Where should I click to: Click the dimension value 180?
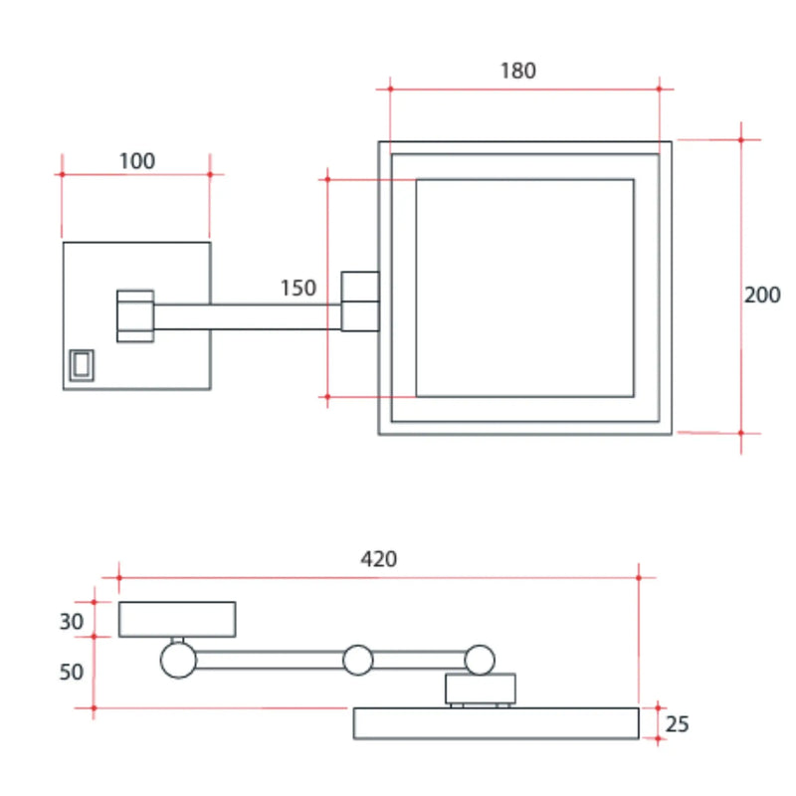click(x=517, y=71)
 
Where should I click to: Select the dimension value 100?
click(x=137, y=161)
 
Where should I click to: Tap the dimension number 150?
click(x=298, y=289)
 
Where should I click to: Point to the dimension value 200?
click(x=762, y=295)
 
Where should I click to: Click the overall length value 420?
click(x=378, y=559)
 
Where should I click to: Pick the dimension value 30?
click(x=71, y=621)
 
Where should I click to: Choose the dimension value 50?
click(x=71, y=672)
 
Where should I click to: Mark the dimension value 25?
click(x=677, y=723)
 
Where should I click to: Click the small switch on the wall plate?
click(x=81, y=365)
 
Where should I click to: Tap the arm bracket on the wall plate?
click(x=135, y=315)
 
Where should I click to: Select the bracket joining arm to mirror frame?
click(x=359, y=300)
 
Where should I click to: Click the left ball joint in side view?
click(x=178, y=660)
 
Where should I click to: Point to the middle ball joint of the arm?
click(x=357, y=659)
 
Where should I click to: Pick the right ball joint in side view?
click(x=480, y=659)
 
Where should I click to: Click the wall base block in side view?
click(x=177, y=619)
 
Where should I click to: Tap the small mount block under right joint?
click(x=480, y=688)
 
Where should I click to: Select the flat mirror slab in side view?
click(x=496, y=723)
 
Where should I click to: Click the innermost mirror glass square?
click(x=524, y=288)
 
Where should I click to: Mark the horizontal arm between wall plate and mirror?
click(x=249, y=315)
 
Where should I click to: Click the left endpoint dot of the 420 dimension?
click(x=119, y=576)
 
